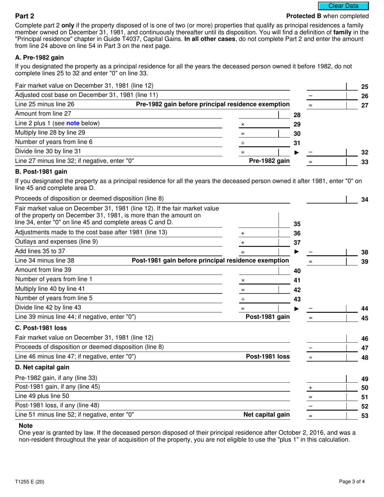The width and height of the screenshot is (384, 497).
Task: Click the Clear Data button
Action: click(343, 6)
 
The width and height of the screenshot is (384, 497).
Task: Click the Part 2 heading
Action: click(25, 16)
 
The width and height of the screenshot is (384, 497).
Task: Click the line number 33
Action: click(365, 162)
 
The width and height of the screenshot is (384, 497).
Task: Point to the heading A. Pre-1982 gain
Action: click(39, 58)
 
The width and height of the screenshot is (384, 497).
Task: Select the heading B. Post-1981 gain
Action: click(41, 171)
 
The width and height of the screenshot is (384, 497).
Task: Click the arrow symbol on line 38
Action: click(297, 252)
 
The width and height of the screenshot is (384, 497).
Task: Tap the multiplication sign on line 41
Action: click(243, 280)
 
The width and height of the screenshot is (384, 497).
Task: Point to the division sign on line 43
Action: click(243, 299)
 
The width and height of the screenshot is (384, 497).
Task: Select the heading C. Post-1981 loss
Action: click(41, 328)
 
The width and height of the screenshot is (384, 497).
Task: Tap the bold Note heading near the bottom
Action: click(26, 425)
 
